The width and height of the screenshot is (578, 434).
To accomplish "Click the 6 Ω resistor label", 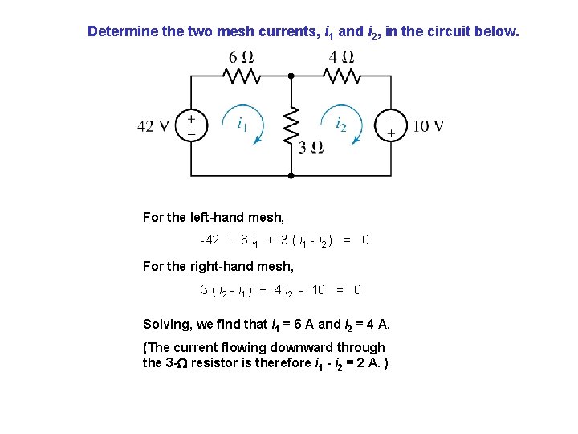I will tap(241, 57).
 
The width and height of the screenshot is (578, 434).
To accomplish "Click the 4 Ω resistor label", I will tap(342, 57).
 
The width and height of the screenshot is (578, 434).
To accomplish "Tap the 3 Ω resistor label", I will tap(311, 147).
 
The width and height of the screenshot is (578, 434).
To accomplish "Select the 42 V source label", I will tap(153, 126).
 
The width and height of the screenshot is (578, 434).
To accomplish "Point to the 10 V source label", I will tap(429, 126).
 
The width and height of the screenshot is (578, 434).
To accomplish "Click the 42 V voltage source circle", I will tap(191, 125).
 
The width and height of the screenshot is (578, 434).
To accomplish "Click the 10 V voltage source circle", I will tap(391, 125).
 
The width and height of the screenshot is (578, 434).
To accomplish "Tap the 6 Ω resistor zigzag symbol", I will tap(241, 76).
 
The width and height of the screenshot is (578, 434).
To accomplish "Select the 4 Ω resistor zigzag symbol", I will tap(342, 76).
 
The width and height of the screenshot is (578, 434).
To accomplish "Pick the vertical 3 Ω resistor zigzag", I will tap(291, 125).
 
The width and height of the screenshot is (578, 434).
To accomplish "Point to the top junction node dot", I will tap(291, 76).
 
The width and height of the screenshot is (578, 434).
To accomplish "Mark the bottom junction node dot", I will tap(291, 174).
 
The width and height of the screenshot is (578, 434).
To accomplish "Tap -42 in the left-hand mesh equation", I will tap(210, 240).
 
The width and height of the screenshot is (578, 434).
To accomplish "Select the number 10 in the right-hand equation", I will tap(318, 289).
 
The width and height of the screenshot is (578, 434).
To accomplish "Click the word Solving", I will tap(166, 325).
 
